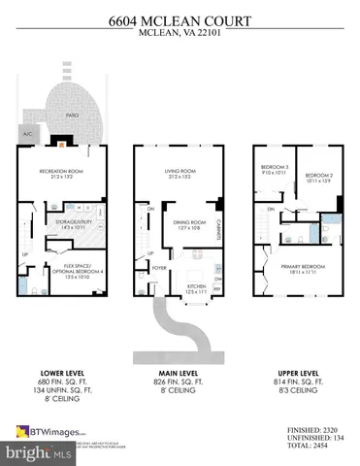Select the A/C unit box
click(x=25, y=134)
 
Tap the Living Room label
click(x=180, y=174)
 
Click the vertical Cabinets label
click(x=221, y=226)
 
